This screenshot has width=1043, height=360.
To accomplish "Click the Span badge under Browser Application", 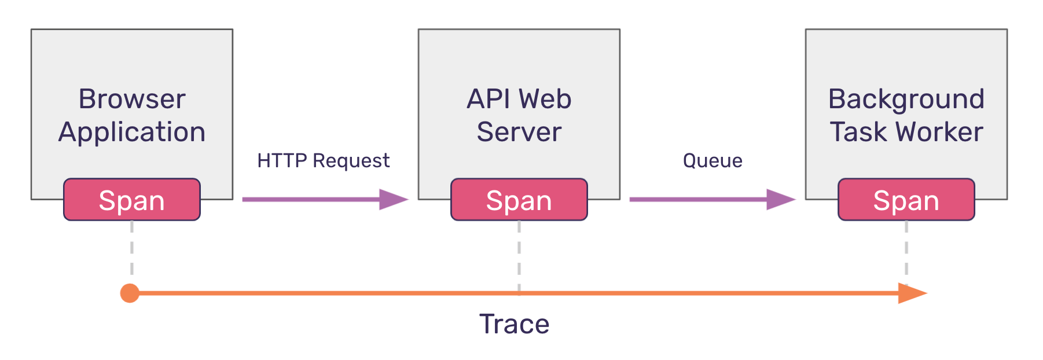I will (x=132, y=200).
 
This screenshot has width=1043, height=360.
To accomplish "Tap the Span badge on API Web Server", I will (x=519, y=200).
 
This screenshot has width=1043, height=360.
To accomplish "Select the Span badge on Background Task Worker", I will (x=906, y=200).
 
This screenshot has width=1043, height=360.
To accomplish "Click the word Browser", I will (x=132, y=99).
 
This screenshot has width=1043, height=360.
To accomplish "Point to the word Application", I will (x=132, y=133).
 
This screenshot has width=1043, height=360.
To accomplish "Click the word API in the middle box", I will (x=487, y=99).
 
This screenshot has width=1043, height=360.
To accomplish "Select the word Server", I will (x=519, y=132).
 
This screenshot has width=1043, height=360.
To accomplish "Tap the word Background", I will (x=906, y=100).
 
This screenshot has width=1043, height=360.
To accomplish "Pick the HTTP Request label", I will (x=323, y=161).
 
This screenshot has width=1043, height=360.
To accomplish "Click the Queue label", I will (x=713, y=160).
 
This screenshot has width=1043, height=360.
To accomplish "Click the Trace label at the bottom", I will (x=514, y=324).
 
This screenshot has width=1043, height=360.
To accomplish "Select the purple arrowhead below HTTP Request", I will (x=393, y=199).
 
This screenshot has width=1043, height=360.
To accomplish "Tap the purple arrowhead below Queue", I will (x=780, y=199).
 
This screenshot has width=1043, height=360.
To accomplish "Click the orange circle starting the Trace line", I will (x=130, y=293).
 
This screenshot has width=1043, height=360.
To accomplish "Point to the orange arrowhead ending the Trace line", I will (x=912, y=293).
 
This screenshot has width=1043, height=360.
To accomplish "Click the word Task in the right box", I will (x=858, y=132).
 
